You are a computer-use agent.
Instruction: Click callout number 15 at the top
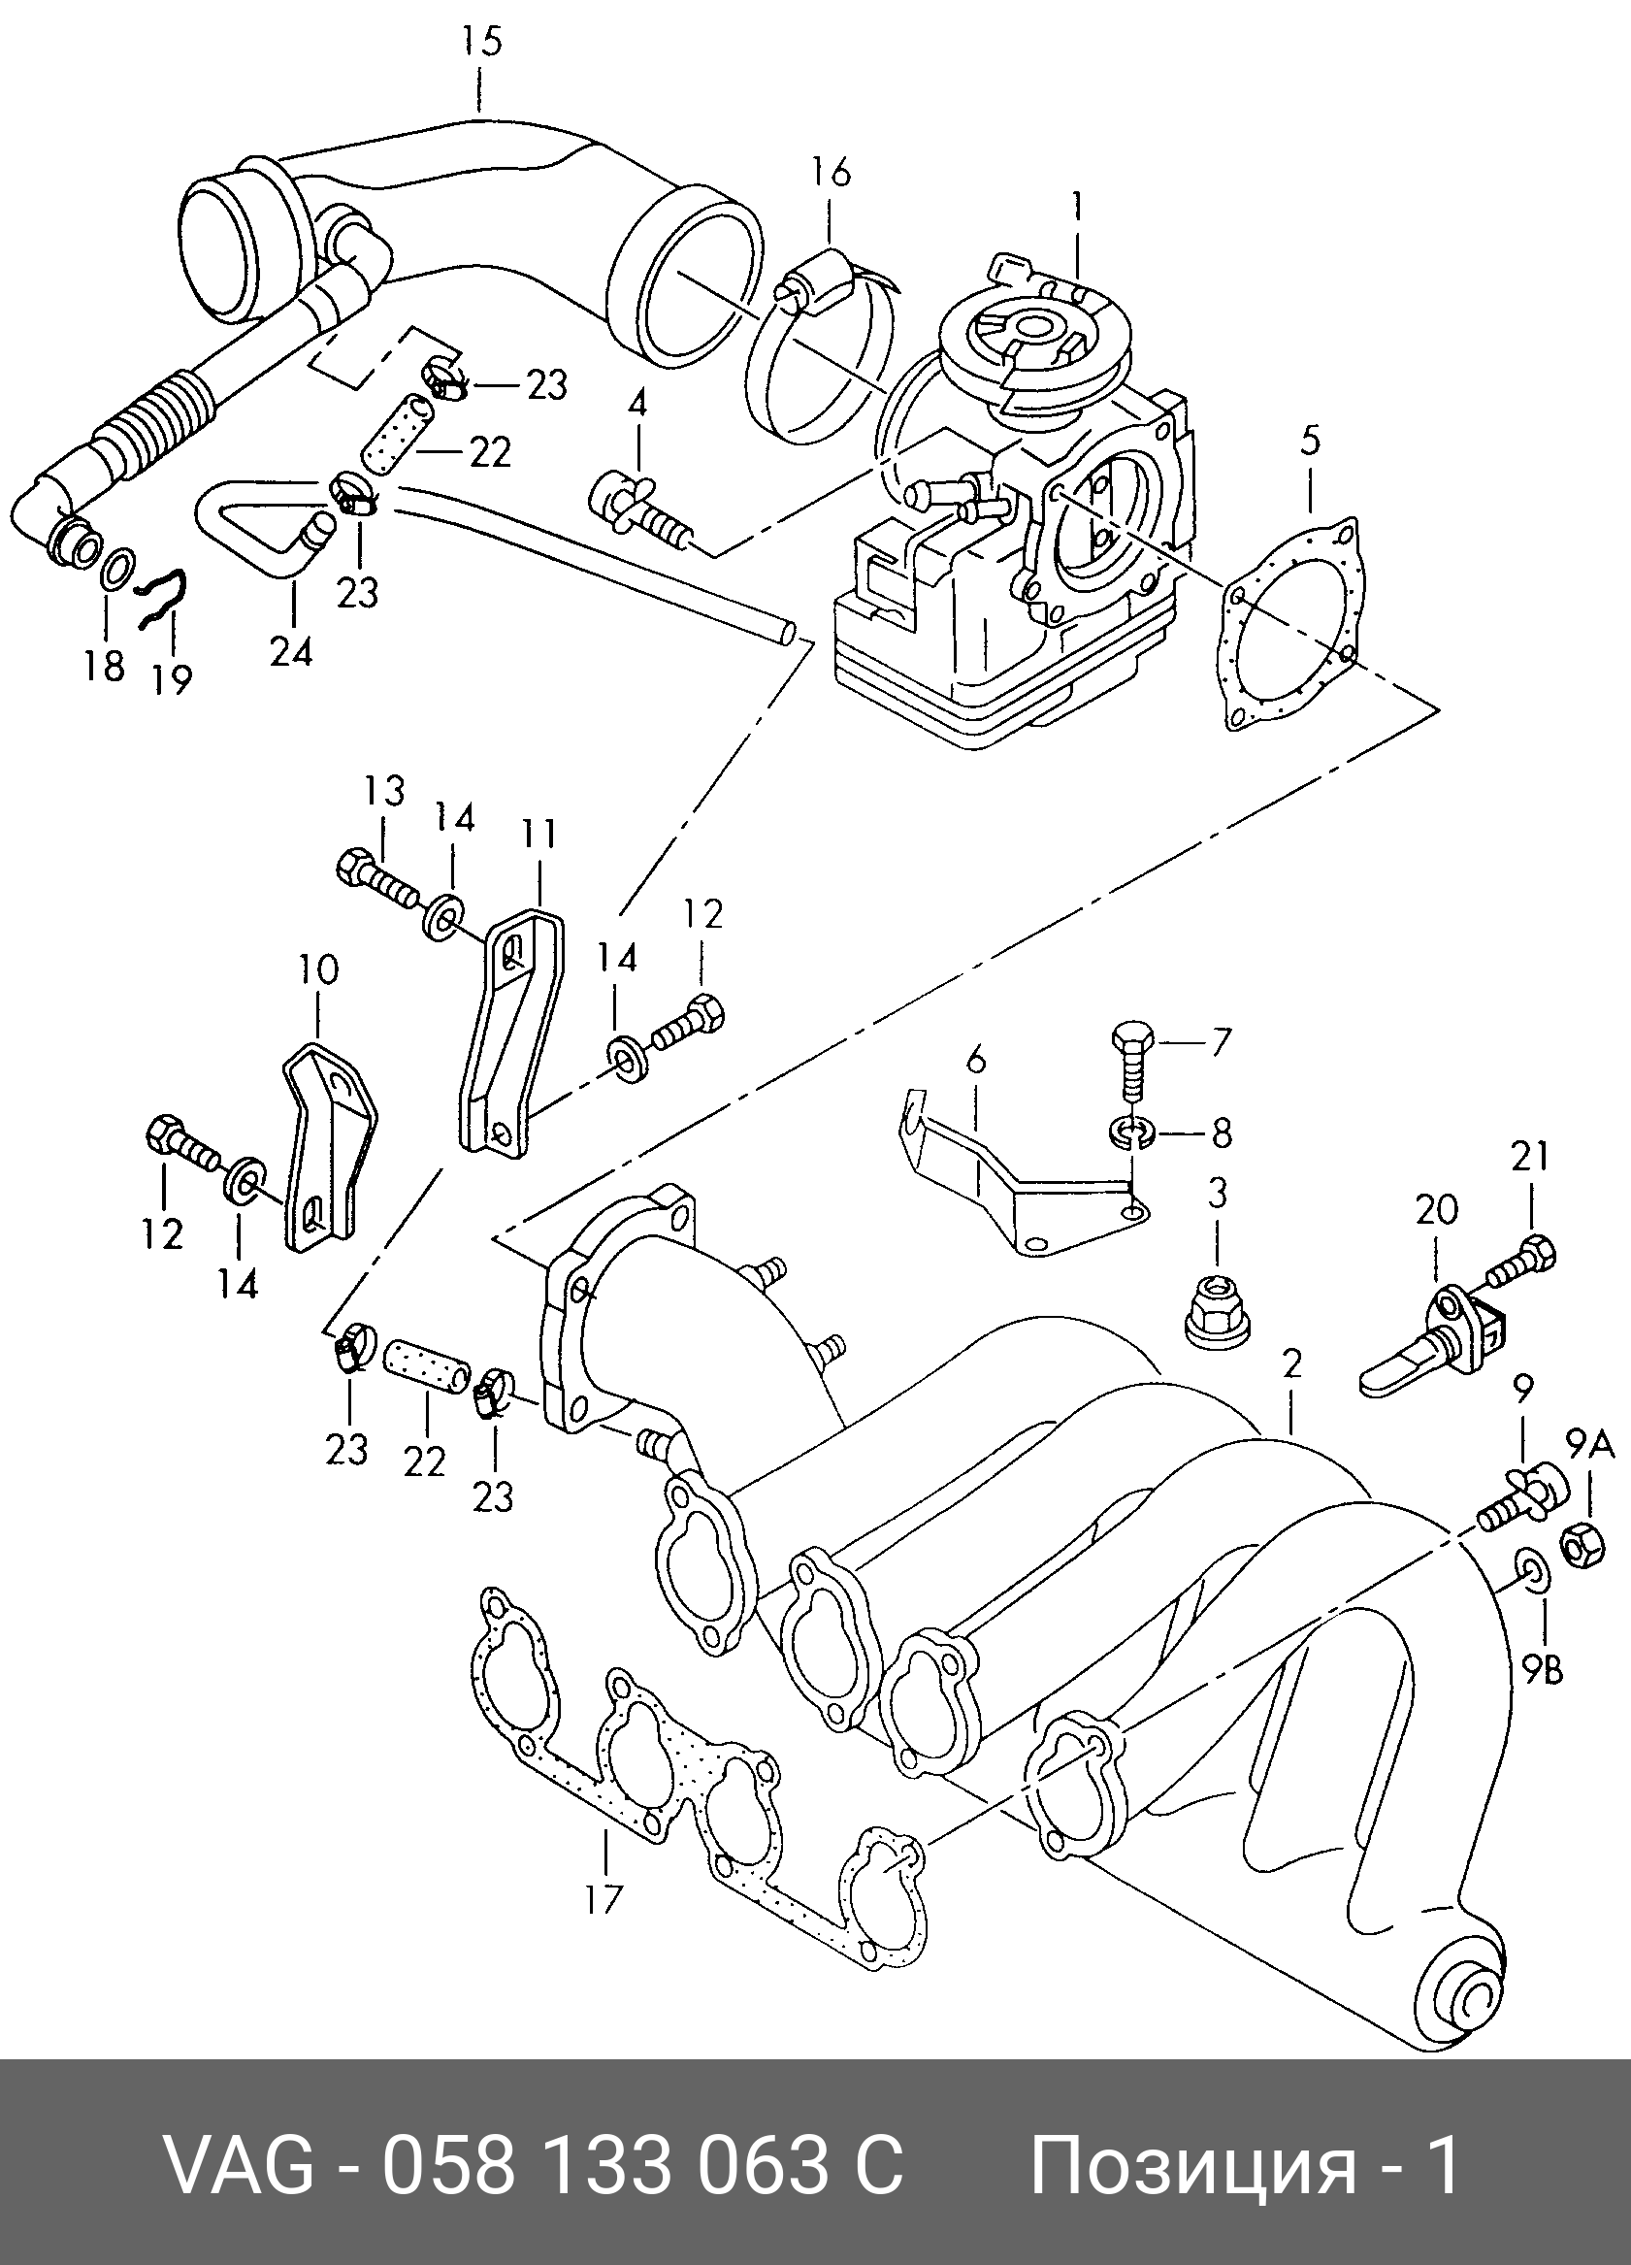coord(480,43)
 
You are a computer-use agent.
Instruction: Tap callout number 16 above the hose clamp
coord(830,172)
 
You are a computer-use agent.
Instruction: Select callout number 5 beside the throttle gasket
coord(1311,441)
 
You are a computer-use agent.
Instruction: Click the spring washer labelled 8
coord(1130,1132)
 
